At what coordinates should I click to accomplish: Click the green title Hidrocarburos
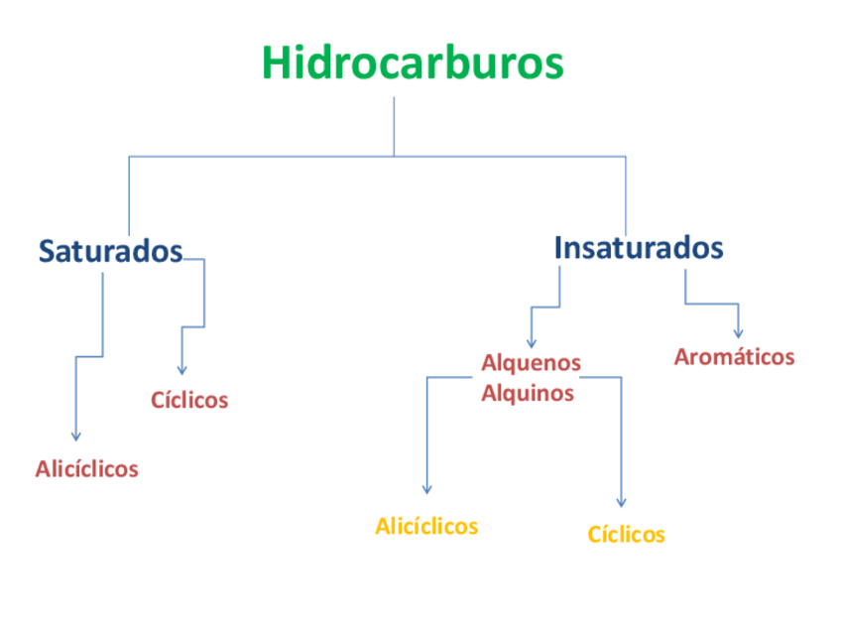(x=413, y=63)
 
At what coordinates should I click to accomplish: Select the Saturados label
(x=110, y=251)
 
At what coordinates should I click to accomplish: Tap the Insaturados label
(x=638, y=247)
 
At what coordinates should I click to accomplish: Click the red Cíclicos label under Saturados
(x=189, y=401)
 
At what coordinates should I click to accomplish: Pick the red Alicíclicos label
(x=87, y=469)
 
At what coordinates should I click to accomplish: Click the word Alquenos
(x=531, y=363)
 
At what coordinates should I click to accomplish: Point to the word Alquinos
(x=528, y=393)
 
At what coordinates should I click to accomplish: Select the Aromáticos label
(x=734, y=357)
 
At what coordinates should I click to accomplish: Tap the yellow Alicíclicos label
(x=426, y=527)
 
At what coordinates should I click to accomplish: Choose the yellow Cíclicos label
(x=626, y=536)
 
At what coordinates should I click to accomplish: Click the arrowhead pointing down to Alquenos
(x=532, y=342)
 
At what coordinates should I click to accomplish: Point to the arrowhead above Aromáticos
(x=738, y=333)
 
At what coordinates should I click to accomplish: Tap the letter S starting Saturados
(x=48, y=252)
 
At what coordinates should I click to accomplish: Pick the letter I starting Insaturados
(x=558, y=247)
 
